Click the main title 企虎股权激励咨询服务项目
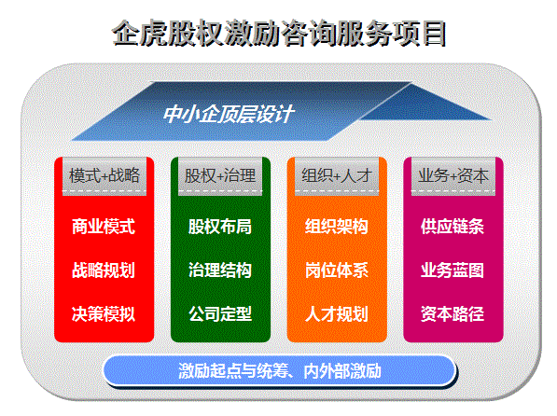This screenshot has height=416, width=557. point(279,34)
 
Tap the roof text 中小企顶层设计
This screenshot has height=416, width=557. point(229,114)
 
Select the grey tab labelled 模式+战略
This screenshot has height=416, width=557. point(104,176)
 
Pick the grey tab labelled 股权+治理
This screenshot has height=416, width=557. point(220,176)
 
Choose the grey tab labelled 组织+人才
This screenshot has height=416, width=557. point(337,176)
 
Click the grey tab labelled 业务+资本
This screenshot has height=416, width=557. point(453,176)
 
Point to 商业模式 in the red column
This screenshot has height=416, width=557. point(104,227)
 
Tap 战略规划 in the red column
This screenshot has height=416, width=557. point(104,270)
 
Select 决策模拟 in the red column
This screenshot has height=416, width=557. point(104,313)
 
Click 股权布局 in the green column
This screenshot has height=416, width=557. point(220,227)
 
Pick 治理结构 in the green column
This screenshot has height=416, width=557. point(220,270)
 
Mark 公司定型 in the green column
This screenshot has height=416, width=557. point(220,313)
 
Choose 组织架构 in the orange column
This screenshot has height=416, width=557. point(337,227)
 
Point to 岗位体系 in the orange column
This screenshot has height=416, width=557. point(337,270)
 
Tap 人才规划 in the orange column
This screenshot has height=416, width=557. point(337,313)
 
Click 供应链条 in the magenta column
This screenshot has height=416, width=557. point(453,227)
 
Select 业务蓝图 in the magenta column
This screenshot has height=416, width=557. point(453,270)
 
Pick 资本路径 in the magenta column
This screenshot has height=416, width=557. point(453,313)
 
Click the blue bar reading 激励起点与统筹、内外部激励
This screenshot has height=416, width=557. point(280,371)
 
